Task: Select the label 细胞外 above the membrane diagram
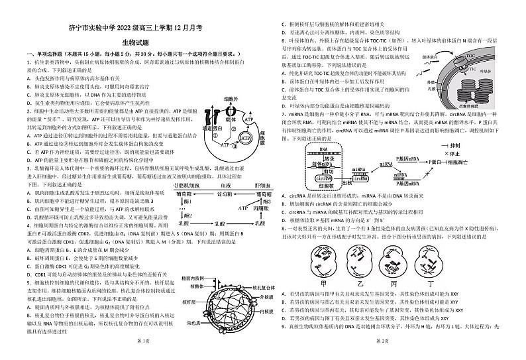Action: (x=229, y=95)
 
